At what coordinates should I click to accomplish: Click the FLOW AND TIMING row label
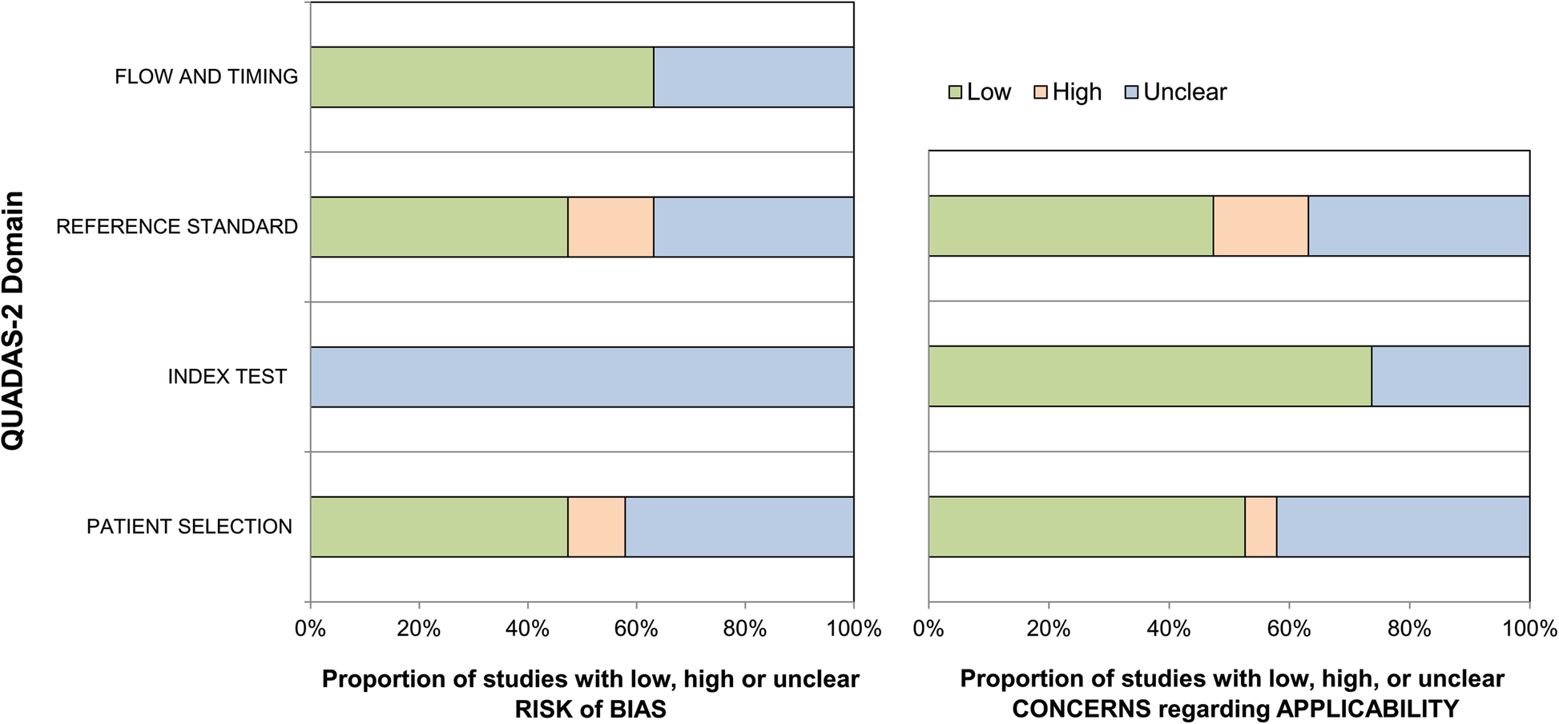click(206, 77)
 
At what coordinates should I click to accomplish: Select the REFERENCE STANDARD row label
click(177, 227)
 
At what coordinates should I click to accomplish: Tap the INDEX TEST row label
click(227, 377)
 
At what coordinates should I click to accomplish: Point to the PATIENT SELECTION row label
click(190, 527)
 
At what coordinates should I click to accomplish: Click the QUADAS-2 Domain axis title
click(14, 321)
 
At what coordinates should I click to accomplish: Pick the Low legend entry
click(980, 92)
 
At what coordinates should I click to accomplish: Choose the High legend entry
click(1069, 92)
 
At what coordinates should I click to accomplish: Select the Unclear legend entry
click(1176, 92)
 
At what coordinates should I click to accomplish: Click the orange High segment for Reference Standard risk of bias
click(610, 227)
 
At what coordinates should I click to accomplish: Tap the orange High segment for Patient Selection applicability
click(1260, 527)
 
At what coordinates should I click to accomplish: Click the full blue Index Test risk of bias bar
click(582, 377)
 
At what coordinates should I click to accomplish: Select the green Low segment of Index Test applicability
click(1150, 377)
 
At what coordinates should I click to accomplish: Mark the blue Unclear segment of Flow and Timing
click(753, 77)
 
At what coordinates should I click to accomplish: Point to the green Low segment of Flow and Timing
click(481, 77)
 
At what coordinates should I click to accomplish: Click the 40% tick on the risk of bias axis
click(527, 629)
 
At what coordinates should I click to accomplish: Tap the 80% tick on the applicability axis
click(1409, 629)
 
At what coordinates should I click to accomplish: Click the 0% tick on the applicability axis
click(929, 629)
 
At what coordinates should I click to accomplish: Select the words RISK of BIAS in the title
click(590, 710)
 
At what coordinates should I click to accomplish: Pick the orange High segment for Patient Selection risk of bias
click(596, 527)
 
